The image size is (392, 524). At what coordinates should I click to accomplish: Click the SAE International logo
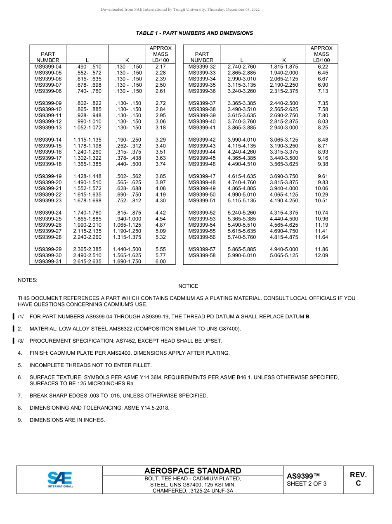[x=59, y=479]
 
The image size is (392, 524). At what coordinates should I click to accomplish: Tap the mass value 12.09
[x=321, y=256]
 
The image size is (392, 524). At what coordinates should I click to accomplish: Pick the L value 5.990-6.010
[x=242, y=256]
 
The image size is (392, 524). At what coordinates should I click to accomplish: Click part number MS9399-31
[x=48, y=261]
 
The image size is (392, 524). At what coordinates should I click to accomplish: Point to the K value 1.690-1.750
[x=127, y=261]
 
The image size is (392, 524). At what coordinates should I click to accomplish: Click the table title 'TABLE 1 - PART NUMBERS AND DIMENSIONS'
[x=194, y=33]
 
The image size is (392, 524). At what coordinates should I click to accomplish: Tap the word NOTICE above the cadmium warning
[x=188, y=286]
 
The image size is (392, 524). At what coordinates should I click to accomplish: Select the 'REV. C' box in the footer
[x=358, y=479]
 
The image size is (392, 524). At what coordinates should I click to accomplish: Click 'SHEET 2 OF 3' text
[x=307, y=484]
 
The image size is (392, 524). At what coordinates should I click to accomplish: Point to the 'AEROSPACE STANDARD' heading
[x=193, y=471]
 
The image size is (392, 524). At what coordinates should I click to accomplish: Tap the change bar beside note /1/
[x=14, y=317]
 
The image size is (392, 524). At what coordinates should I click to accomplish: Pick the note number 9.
[x=20, y=420]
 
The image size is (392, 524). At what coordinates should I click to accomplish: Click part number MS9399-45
[x=202, y=158]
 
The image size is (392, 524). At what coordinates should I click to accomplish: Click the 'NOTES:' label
[x=28, y=280]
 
